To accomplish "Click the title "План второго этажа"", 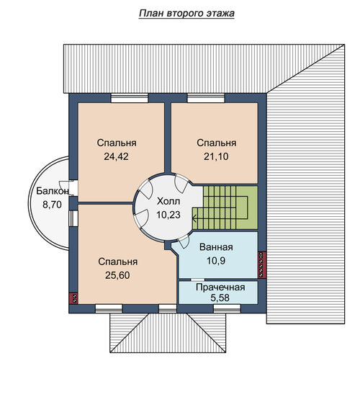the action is pyautogui.click(x=186, y=14).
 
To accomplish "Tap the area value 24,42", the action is pyautogui.click(x=116, y=157).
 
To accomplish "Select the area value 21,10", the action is pyautogui.click(x=216, y=156).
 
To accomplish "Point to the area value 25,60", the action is pyautogui.click(x=117, y=275).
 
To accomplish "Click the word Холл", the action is pyautogui.click(x=168, y=202).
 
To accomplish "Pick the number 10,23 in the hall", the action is pyautogui.click(x=168, y=215).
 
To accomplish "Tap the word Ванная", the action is pyautogui.click(x=216, y=247).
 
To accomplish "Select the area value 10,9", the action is pyautogui.click(x=216, y=261).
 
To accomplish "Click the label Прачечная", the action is pyautogui.click(x=220, y=287).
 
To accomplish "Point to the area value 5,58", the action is pyautogui.click(x=220, y=298).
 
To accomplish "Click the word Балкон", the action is pyautogui.click(x=52, y=191).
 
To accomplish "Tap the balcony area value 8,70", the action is pyautogui.click(x=52, y=205).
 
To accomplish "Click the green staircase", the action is pyautogui.click(x=225, y=208).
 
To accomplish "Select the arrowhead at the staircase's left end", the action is pyautogui.click(x=194, y=218).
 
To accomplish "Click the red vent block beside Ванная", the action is pyautogui.click(x=262, y=264).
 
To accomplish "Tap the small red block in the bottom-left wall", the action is pyautogui.click(x=74, y=298).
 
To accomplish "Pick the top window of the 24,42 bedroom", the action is pyautogui.click(x=130, y=98).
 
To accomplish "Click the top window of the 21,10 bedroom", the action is pyautogui.click(x=206, y=98).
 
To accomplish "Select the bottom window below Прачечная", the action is pyautogui.click(x=227, y=308).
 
